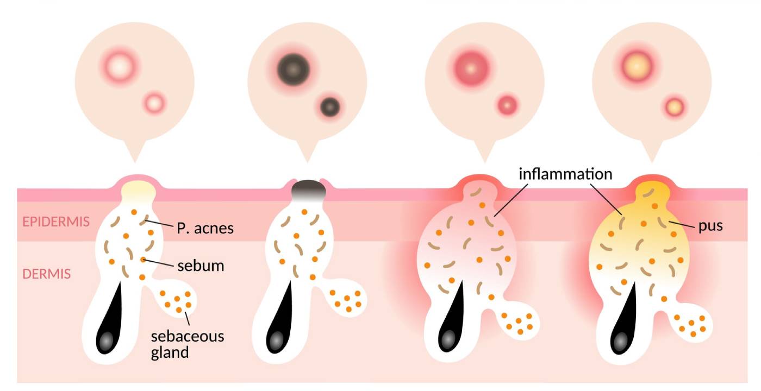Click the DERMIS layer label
pyautogui.click(x=46, y=274)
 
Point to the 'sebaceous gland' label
pyautogui.click(x=187, y=344)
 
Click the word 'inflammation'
pyautogui.click(x=565, y=174)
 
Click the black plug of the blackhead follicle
pyautogui.click(x=309, y=190)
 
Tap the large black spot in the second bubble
pyautogui.click(x=293, y=70)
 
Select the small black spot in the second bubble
pyautogui.click(x=329, y=106)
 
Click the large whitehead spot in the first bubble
pyautogui.click(x=118, y=67)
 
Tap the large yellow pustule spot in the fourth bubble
pyautogui.click(x=638, y=63)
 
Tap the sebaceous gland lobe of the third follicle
pyautogui.click(x=520, y=323)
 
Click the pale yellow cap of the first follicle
pyautogui.click(x=138, y=190)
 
